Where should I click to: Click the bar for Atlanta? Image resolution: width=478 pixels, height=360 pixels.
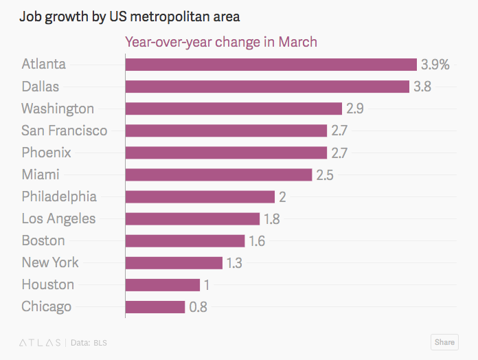coord(271,65)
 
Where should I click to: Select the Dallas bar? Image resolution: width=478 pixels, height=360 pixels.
coord(267,87)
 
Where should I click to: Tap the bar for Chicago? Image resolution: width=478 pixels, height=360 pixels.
coord(155,306)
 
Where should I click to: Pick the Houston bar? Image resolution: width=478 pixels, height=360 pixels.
coord(163,284)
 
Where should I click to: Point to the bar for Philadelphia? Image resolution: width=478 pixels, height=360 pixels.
coord(200,196)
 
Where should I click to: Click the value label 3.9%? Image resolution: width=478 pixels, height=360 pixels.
coord(435,65)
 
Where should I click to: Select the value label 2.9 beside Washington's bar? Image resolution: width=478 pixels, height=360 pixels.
coord(355,109)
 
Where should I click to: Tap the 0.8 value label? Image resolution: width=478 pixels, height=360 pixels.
coord(198,306)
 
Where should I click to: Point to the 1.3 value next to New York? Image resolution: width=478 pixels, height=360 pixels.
coord(235,262)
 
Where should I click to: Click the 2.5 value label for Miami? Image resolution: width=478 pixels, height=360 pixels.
coord(325,175)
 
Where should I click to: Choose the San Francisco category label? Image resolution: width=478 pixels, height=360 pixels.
coord(65,131)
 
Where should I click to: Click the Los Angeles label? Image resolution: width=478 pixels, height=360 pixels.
coord(58,218)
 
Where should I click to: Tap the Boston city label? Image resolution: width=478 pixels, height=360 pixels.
coord(43,240)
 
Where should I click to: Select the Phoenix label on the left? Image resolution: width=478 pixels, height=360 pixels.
coord(46,153)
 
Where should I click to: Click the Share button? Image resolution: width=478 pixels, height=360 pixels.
coord(444,342)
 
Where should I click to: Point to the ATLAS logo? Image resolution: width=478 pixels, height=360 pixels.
coord(40,342)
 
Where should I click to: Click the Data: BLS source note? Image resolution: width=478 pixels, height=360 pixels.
coord(89,342)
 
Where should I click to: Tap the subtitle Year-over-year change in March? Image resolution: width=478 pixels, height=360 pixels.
coord(220,42)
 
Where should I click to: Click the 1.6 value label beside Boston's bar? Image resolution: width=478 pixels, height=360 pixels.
coord(257,240)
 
